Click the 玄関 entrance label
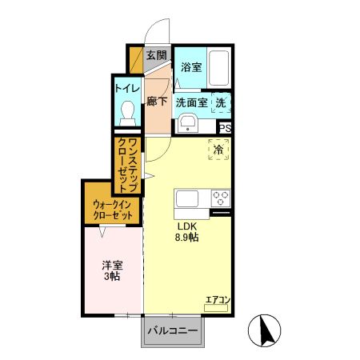click(x=157, y=56)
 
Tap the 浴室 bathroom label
click(x=191, y=67)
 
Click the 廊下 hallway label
click(x=157, y=102)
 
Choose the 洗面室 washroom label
click(x=191, y=102)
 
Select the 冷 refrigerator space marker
click(x=218, y=149)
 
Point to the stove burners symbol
click(x=221, y=198)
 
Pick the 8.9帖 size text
click(x=187, y=238)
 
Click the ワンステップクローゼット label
click(x=128, y=166)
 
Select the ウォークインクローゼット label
click(x=112, y=210)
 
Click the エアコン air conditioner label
click(x=218, y=300)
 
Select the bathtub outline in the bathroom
click(x=222, y=69)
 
